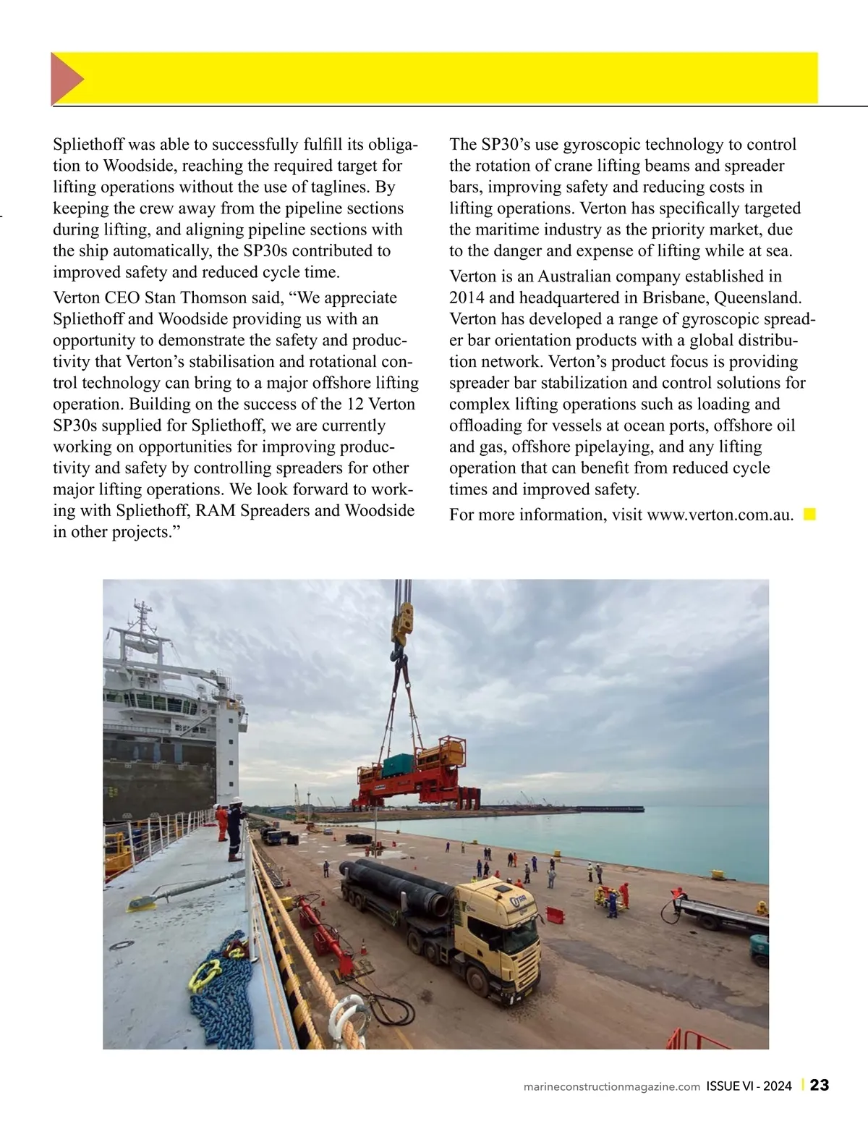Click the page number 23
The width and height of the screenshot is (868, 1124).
coord(820,1086)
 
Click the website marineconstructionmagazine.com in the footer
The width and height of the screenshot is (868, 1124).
coord(611,1086)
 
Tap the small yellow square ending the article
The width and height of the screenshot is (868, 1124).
coord(810,515)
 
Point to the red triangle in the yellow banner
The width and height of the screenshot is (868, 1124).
coord(67,78)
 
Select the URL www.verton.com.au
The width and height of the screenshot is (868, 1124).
coord(720,515)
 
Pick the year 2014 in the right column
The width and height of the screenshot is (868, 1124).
coord(467,297)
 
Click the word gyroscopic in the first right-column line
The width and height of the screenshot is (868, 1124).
coord(601,144)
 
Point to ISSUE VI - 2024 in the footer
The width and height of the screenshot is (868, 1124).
coord(749,1086)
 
